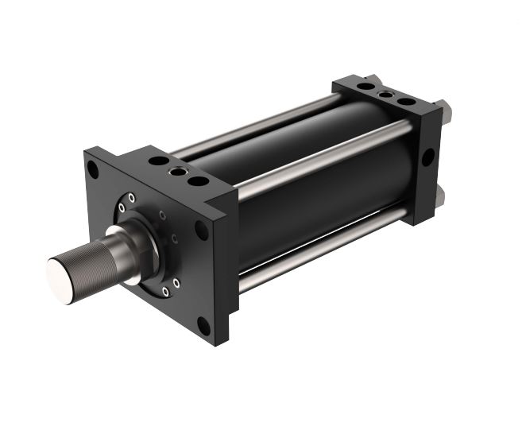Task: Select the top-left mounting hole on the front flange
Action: (95, 170)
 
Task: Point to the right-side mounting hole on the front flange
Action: (203, 231)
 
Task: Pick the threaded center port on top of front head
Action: (178, 169)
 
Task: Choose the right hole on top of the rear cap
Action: (406, 102)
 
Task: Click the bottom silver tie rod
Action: (318, 254)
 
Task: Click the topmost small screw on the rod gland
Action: (132, 197)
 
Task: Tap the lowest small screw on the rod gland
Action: (164, 292)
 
